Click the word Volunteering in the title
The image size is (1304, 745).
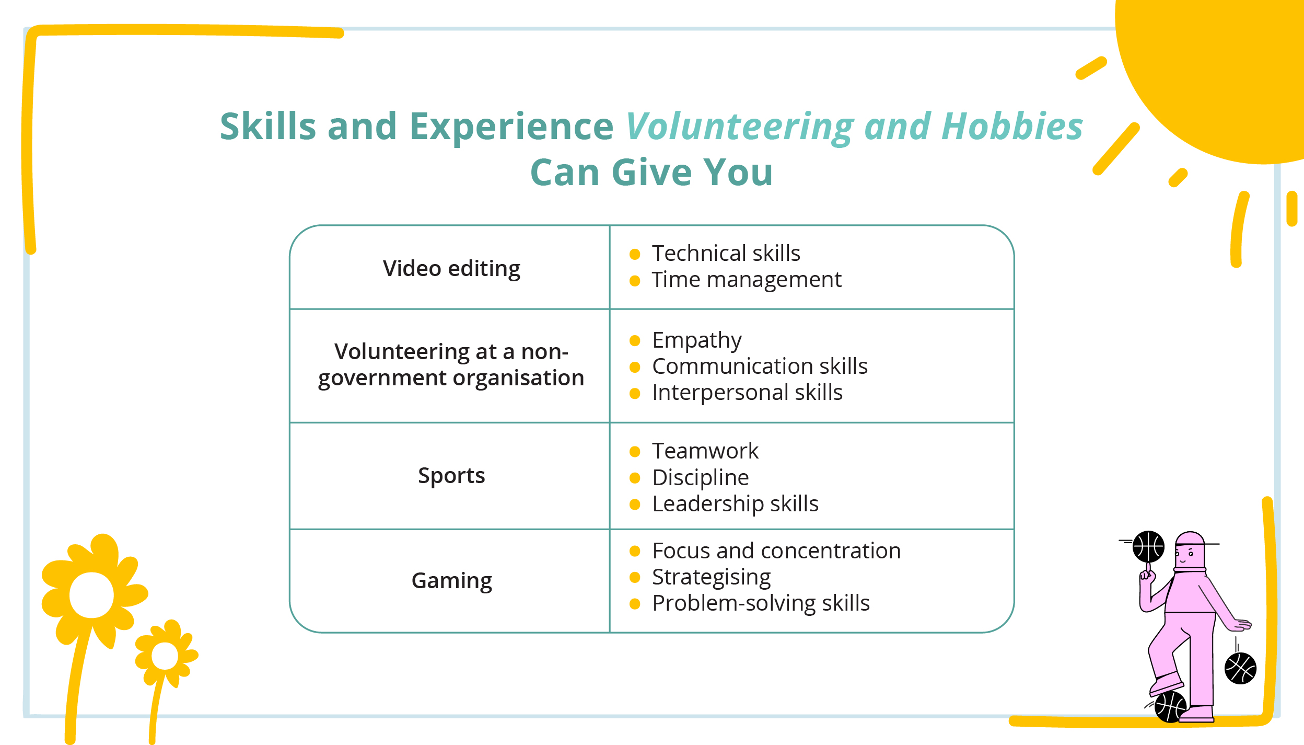(x=740, y=127)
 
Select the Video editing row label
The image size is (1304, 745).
(x=451, y=269)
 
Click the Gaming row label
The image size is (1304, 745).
(x=452, y=581)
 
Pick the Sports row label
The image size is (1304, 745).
(x=451, y=476)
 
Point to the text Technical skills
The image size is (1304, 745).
(x=726, y=254)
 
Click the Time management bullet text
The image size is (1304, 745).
(x=747, y=280)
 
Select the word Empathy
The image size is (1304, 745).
(x=697, y=341)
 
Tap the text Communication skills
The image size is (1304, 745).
(x=760, y=366)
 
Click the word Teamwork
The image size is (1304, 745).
(x=705, y=451)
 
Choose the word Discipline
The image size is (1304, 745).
(x=701, y=478)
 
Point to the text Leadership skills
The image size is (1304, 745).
(x=735, y=504)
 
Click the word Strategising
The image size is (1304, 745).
(x=711, y=578)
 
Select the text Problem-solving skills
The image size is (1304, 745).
(x=761, y=604)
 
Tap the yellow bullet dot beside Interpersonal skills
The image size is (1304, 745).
(x=635, y=394)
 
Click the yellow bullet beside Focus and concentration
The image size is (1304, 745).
(x=635, y=551)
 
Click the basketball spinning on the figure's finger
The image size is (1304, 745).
(x=1148, y=547)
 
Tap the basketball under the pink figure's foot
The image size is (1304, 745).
(x=1170, y=707)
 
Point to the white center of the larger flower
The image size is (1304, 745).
(x=91, y=595)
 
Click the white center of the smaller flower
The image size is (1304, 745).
(x=165, y=656)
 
